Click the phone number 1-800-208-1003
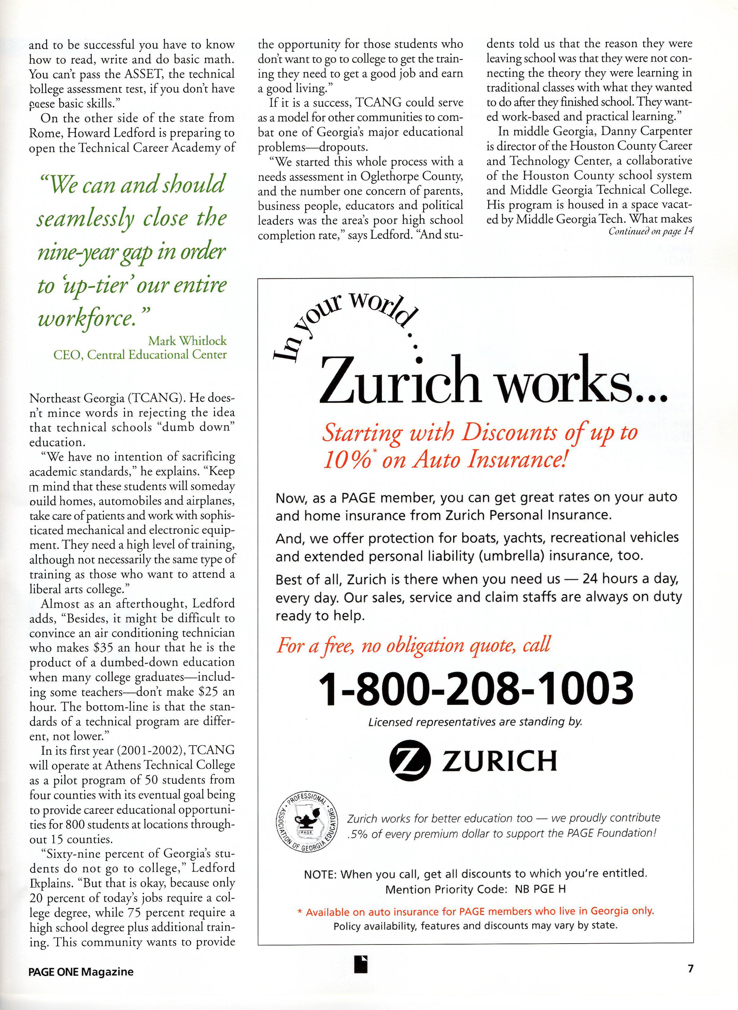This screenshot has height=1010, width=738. click(475, 689)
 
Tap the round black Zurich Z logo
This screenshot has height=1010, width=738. click(410, 761)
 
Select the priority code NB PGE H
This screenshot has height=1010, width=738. click(540, 889)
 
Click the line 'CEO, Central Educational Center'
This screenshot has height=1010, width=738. click(140, 355)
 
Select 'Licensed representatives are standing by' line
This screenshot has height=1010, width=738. click(475, 722)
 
